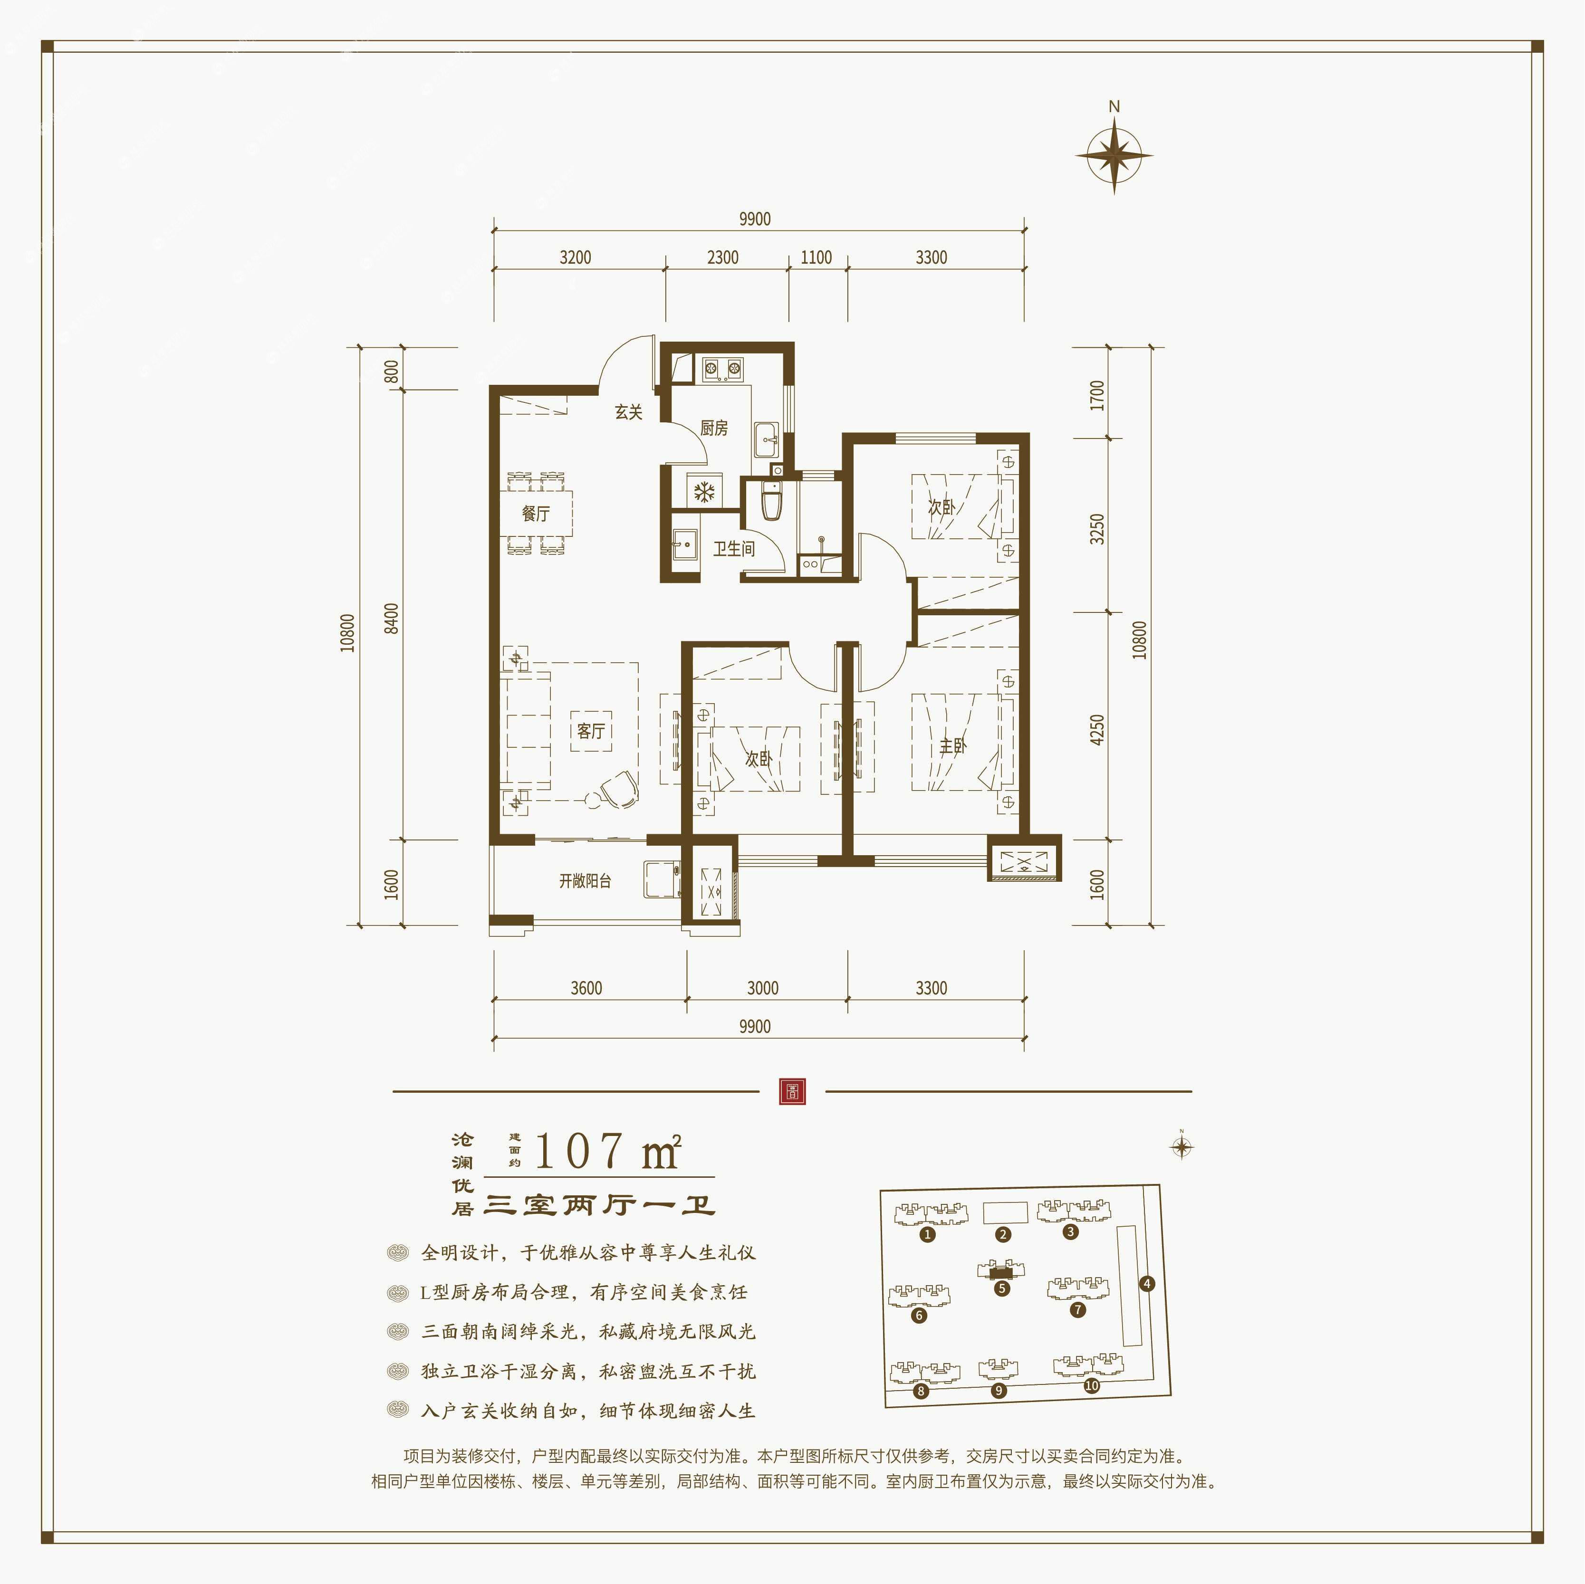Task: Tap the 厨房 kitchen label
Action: (x=714, y=428)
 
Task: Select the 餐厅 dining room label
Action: (x=536, y=514)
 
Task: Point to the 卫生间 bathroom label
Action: (x=733, y=549)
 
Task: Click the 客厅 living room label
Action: (x=591, y=731)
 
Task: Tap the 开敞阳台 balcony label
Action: (x=585, y=881)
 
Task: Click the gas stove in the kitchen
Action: (x=722, y=369)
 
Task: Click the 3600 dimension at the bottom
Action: (x=586, y=988)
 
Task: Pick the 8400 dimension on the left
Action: (x=392, y=618)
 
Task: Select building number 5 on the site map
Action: (x=1001, y=1288)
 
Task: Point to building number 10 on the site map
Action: (x=1091, y=1385)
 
